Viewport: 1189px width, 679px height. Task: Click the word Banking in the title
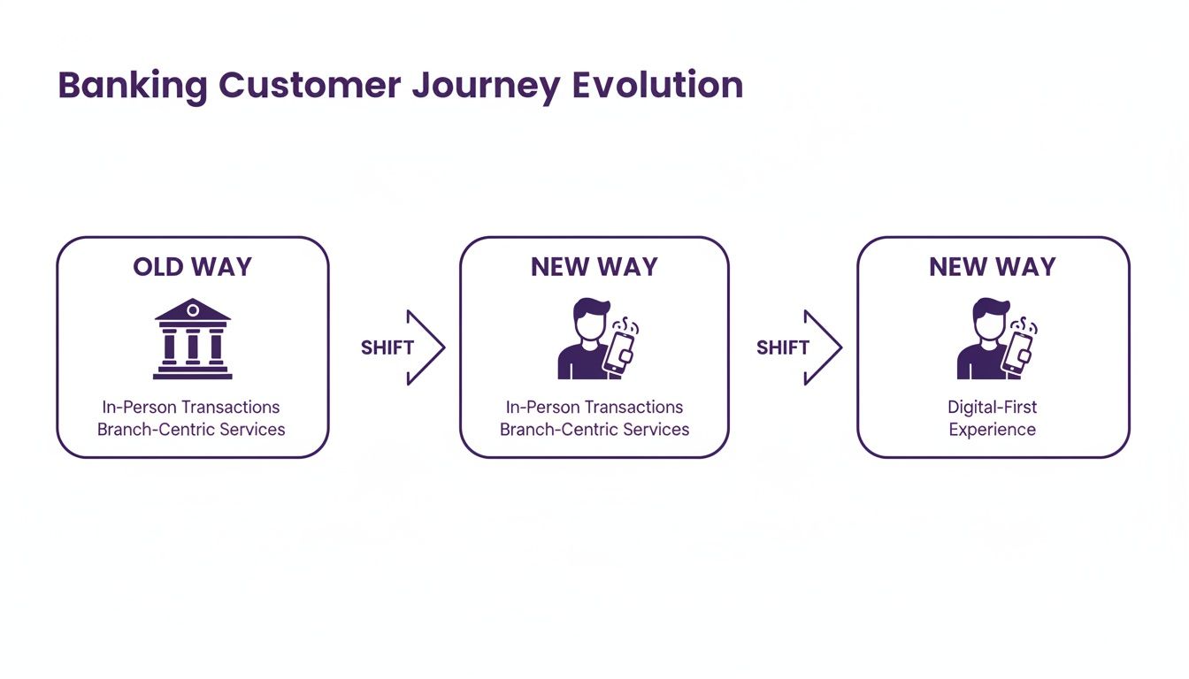point(133,86)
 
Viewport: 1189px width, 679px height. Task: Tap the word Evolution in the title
point(657,86)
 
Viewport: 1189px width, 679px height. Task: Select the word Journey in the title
point(486,86)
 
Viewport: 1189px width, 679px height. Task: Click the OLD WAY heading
point(192,267)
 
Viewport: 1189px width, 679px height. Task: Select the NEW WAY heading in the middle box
point(594,267)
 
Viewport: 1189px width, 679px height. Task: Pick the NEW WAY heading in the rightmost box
point(993,267)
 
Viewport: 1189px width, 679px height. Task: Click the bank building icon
point(192,340)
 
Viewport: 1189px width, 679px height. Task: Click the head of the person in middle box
point(589,317)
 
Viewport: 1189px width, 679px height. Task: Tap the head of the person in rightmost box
point(988,317)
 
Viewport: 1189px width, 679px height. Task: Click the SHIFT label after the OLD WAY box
point(387,347)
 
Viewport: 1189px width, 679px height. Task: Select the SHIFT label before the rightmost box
point(783,347)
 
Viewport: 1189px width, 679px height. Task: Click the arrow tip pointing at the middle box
point(441,347)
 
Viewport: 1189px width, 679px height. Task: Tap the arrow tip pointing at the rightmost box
point(839,347)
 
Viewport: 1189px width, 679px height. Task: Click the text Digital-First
point(993,407)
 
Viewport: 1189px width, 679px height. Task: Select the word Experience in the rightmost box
point(993,430)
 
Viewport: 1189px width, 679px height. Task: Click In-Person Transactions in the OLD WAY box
point(191,407)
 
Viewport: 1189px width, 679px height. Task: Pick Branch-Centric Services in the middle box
point(594,430)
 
